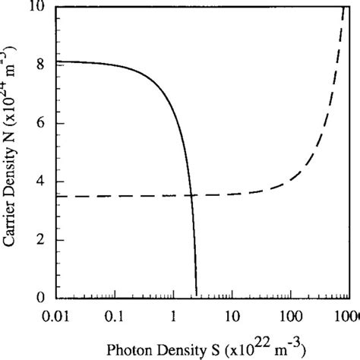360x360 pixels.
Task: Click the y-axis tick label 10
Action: coord(43,8)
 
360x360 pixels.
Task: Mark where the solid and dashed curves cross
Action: coord(190,195)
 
